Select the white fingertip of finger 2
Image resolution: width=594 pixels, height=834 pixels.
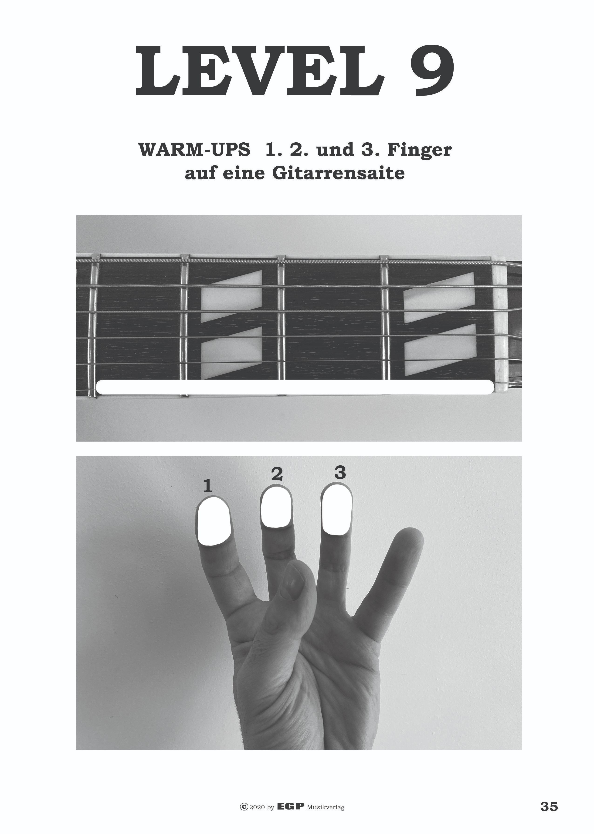pos(277,507)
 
